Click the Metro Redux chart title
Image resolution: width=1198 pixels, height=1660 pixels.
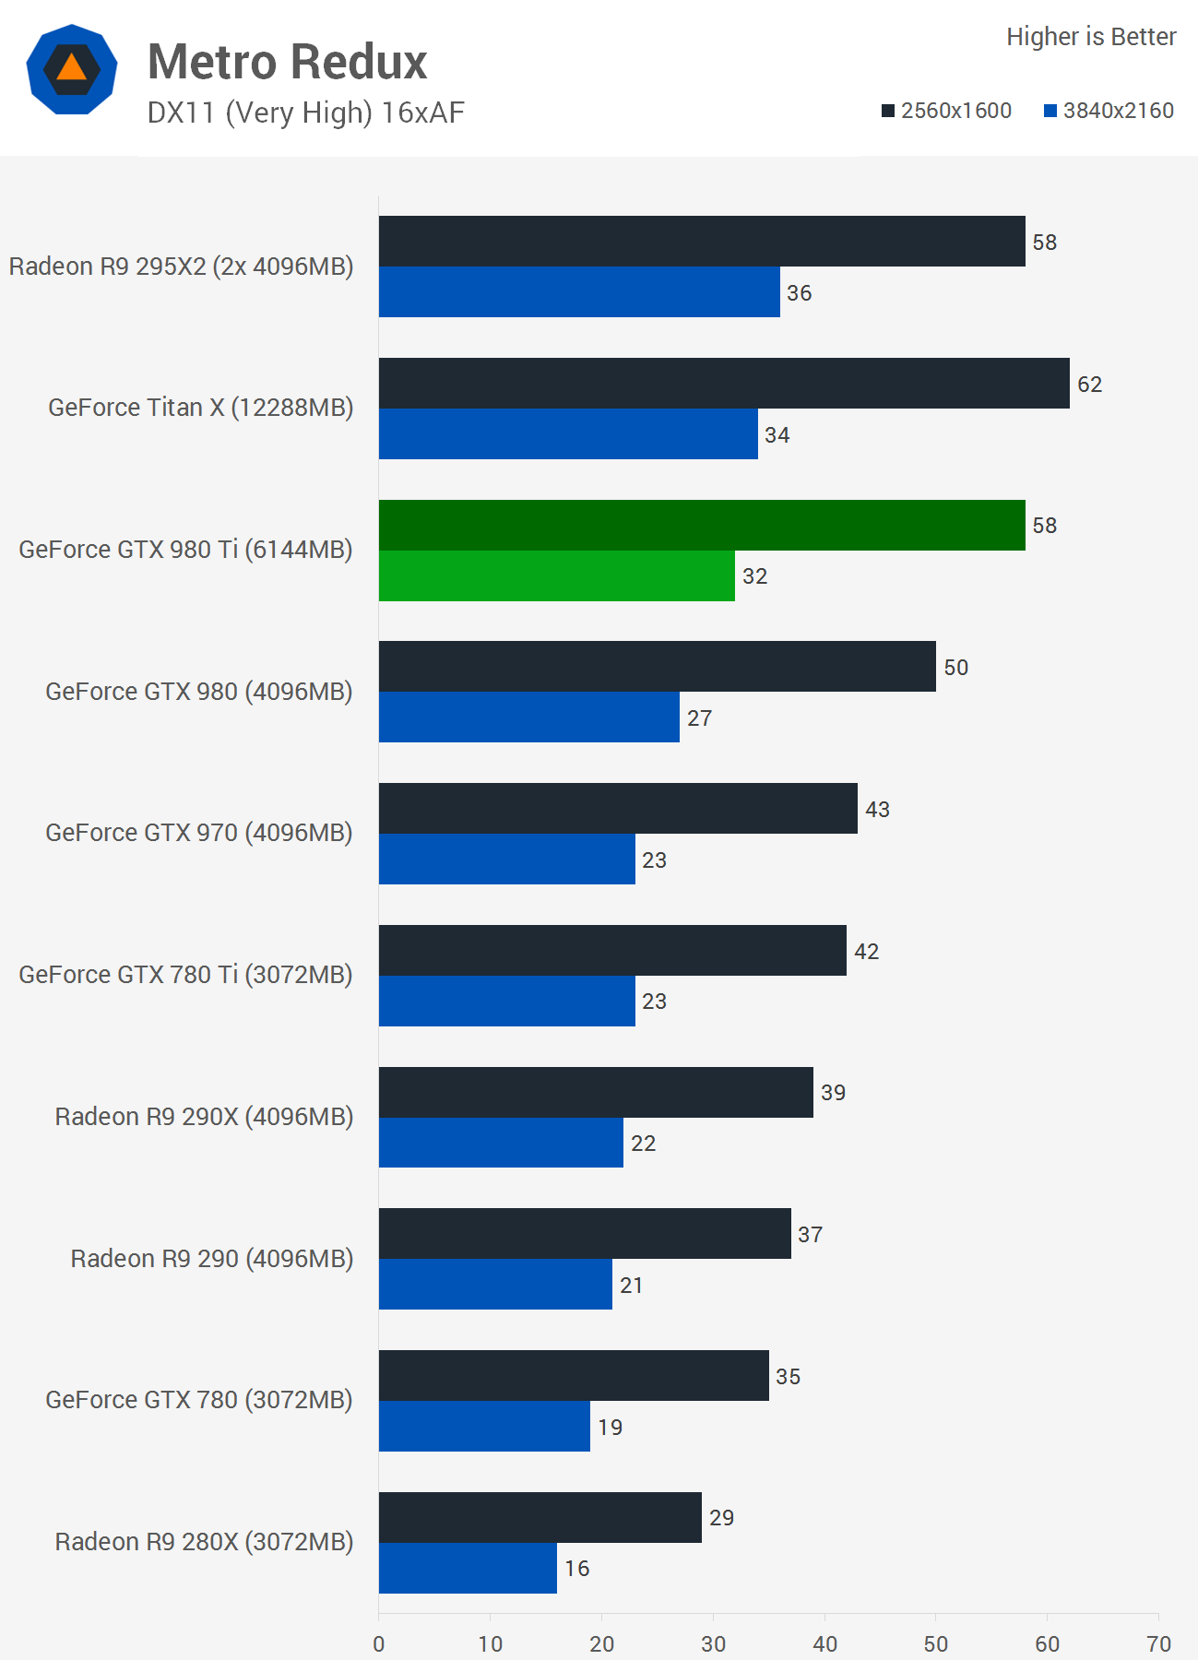287,63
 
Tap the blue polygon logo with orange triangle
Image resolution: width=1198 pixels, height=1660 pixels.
72,70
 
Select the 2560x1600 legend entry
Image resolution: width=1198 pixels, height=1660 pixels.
946,111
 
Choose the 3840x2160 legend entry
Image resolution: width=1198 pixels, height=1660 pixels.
1109,111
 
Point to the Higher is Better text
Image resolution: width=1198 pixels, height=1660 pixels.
1091,37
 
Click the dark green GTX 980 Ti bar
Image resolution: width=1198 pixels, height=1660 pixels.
701,526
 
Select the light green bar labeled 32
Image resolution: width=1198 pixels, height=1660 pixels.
556,576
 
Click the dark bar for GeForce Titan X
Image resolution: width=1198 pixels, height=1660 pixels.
724,384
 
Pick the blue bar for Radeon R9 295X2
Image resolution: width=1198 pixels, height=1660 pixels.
579,292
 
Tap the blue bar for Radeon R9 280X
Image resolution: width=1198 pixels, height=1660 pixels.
468,1568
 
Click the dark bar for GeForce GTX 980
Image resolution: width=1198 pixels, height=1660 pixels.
657,667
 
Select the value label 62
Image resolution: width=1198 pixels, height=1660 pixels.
1089,385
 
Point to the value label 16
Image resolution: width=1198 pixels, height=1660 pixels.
576,1569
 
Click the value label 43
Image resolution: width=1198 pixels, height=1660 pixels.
877,810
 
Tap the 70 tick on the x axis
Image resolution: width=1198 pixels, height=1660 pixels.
1158,1643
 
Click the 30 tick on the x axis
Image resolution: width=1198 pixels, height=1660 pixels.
713,1643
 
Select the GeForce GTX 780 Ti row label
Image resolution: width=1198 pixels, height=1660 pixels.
185,975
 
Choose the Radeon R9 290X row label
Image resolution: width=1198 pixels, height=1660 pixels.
204,1117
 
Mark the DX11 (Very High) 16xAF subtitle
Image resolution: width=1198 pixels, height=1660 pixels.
305,113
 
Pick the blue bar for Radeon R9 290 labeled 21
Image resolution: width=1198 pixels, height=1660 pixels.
495,1285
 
